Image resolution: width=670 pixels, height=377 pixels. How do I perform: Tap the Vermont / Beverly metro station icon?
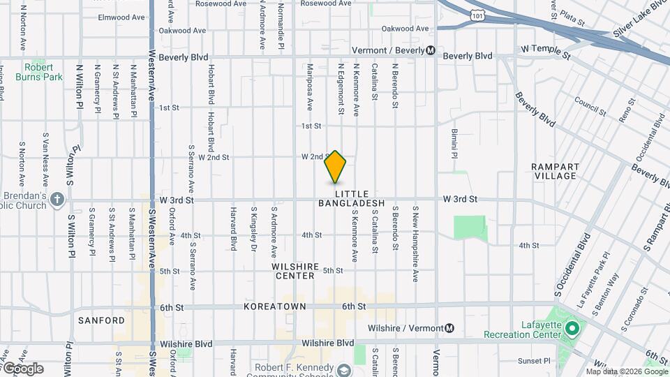pyautogui.click(x=431, y=50)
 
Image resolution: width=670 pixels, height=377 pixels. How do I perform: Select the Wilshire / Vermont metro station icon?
pyautogui.click(x=450, y=328)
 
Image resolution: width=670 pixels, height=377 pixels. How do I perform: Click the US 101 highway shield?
pyautogui.click(x=476, y=15)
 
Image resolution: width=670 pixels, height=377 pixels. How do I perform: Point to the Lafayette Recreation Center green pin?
pyautogui.click(x=572, y=327)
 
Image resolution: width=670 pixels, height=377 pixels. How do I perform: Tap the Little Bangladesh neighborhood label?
pyautogui.click(x=352, y=198)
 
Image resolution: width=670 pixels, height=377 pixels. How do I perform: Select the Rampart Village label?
pyautogui.click(x=554, y=171)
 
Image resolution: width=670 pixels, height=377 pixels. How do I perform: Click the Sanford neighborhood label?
pyautogui.click(x=101, y=320)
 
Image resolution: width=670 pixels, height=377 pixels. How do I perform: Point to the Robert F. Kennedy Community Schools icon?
pyautogui.click(x=343, y=369)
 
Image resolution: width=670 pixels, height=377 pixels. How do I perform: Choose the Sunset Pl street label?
pyautogui.click(x=534, y=361)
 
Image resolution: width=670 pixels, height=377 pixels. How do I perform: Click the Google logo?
pyautogui.click(x=22, y=369)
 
